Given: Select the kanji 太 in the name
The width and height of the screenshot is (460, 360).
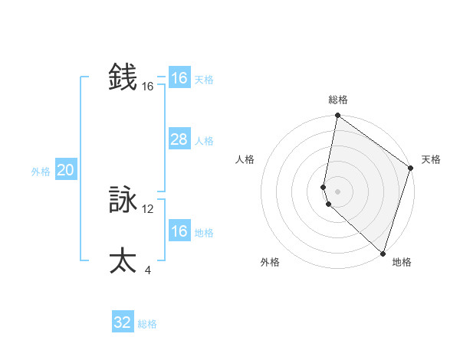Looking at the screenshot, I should (123, 260).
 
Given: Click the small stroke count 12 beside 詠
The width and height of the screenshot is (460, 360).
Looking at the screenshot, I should (148, 208).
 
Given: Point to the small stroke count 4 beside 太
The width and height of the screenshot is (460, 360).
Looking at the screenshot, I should (148, 270).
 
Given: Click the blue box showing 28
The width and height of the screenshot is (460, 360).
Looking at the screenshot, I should (179, 139).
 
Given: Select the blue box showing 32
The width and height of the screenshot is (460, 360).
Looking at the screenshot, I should (123, 322).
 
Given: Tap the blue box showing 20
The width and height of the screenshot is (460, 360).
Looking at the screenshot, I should (65, 170).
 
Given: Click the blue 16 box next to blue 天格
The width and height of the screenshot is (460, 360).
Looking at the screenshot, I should (179, 78).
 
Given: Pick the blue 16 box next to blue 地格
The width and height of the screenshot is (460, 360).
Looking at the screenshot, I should (179, 231).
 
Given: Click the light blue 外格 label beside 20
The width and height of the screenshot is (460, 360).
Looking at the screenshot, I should (41, 172).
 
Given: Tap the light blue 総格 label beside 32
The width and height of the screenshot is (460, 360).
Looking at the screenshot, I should (147, 324).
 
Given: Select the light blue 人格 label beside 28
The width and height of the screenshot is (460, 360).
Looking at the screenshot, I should (204, 141).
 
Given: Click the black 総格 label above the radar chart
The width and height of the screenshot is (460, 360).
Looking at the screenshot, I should (338, 100).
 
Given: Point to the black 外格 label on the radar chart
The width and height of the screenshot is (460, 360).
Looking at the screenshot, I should (270, 262).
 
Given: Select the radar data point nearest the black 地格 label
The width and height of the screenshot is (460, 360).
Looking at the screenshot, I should (383, 253).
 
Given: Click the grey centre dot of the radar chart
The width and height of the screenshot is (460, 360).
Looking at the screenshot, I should (338, 191).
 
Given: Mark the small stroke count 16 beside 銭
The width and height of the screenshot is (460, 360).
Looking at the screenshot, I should (148, 87).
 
